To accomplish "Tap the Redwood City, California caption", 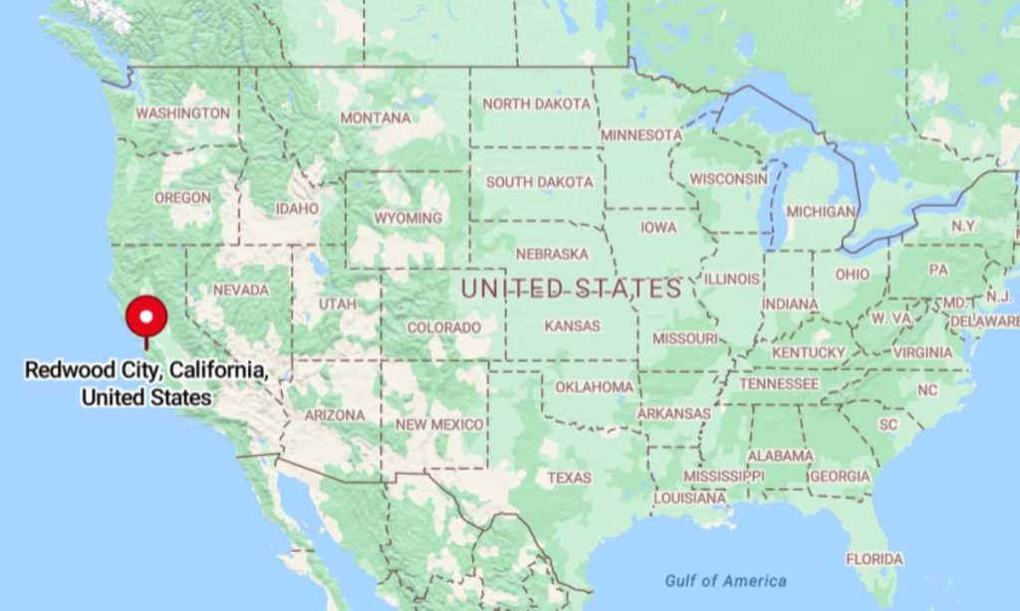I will (x=146, y=383).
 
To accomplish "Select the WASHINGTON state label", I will (x=182, y=113).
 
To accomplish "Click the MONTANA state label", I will (x=375, y=117).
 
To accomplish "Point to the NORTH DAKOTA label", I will (x=536, y=103).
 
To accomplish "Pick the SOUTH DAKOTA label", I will (x=539, y=182).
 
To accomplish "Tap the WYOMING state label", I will (x=407, y=218).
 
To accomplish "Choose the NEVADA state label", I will (x=241, y=290).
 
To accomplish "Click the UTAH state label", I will (x=337, y=304).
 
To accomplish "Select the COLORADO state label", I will (x=443, y=327).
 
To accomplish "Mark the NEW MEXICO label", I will (x=439, y=425).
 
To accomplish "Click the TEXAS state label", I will (x=569, y=478).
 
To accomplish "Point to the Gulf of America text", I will (x=725, y=581).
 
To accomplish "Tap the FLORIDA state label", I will (x=874, y=559).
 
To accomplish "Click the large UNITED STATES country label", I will (x=571, y=290).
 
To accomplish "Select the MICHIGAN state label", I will (x=820, y=212).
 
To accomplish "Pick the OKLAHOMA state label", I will (x=594, y=386).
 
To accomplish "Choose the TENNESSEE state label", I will (x=779, y=384).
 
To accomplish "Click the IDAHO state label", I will (x=297, y=209).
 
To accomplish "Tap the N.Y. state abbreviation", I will (x=963, y=226).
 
